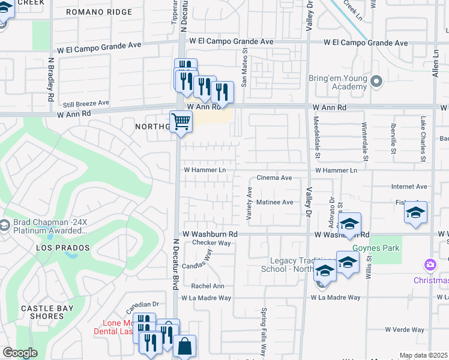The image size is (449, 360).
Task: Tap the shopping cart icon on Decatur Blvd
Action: click(181, 122)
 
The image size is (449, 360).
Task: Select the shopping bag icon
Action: click(185, 346)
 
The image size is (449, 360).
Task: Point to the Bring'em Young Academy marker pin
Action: click(376, 80)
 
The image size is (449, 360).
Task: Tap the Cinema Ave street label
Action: click(274, 178)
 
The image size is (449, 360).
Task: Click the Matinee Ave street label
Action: click(274, 202)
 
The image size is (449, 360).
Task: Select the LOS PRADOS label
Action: click(62, 248)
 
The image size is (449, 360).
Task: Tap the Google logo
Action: click(19, 353)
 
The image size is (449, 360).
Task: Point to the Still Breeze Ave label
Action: click(86, 103)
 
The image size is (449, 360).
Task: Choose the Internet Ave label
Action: click(409, 187)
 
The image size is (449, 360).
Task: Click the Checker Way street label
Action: click(211, 243)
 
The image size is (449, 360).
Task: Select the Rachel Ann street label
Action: click(207, 286)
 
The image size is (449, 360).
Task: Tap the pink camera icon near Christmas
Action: click(430, 265)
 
